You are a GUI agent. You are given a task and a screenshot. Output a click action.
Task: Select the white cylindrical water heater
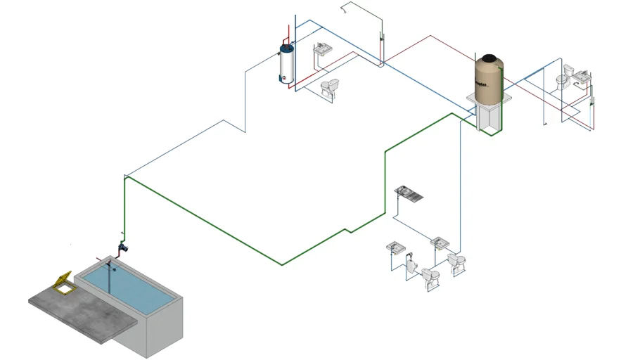(x=287, y=65)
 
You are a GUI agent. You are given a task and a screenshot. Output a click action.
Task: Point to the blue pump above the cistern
(x=124, y=247)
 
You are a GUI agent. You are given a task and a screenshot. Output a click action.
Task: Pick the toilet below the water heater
(x=329, y=87)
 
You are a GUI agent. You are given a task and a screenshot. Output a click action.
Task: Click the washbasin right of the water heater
(x=323, y=50)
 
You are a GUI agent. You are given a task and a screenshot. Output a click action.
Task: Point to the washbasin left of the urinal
(x=395, y=248)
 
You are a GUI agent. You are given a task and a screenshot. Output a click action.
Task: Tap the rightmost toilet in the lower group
(x=456, y=263)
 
